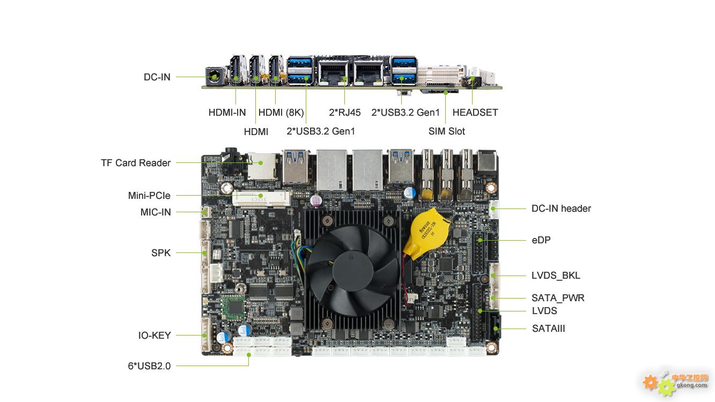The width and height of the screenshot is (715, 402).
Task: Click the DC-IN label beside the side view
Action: click(157, 77)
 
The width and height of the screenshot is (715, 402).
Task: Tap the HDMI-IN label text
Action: click(227, 113)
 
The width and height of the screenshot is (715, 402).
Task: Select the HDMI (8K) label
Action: click(281, 113)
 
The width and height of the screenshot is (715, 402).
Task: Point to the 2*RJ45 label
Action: click(345, 113)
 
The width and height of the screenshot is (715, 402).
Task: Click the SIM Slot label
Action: click(447, 131)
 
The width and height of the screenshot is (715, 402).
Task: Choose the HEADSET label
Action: click(475, 113)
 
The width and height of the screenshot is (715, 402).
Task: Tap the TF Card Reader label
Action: click(136, 163)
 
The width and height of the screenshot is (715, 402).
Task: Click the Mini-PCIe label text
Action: click(149, 195)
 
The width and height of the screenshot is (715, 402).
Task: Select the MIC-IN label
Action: click(156, 212)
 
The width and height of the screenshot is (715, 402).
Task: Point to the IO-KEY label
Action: click(154, 336)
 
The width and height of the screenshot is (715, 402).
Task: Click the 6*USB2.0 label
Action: click(149, 366)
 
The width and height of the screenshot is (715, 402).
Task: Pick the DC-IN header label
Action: click(561, 209)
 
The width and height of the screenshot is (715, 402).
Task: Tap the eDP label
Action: click(541, 240)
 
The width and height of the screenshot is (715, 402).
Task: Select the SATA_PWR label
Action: click(558, 297)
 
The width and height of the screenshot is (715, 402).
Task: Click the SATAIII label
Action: click(548, 328)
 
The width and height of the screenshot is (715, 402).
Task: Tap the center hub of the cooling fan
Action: click(353, 271)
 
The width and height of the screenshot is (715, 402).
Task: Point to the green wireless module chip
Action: click(233, 308)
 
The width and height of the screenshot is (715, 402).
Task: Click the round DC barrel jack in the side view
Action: click(213, 77)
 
